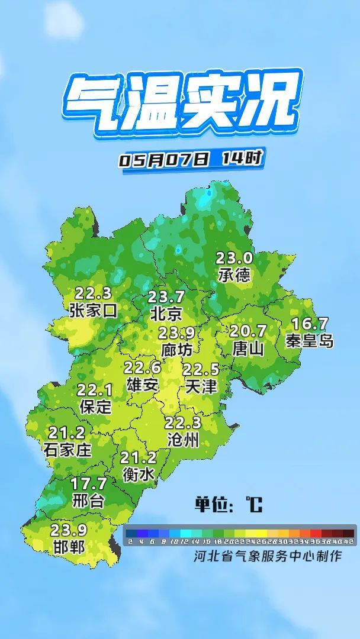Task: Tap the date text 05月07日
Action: pyautogui.click(x=165, y=160)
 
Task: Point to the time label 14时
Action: pyautogui.click(x=242, y=158)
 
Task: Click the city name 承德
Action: pyautogui.click(x=234, y=275)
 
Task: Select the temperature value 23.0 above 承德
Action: pyautogui.click(x=234, y=258)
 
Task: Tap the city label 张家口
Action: pyautogui.click(x=93, y=310)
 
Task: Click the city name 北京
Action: pyautogui.click(x=166, y=312)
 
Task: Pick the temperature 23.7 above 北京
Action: pyautogui.click(x=166, y=296)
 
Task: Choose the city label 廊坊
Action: pyautogui.click(x=176, y=349)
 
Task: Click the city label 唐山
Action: pyautogui.click(x=248, y=347)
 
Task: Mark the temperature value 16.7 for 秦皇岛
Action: pyautogui.click(x=310, y=324)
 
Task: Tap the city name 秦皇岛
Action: pyautogui.click(x=310, y=341)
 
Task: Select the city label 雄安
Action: pyautogui.click(x=143, y=384)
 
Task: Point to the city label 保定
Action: pyautogui.click(x=95, y=406)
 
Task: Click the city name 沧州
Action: pyautogui.click(x=183, y=440)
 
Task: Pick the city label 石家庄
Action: pyautogui.click(x=67, y=450)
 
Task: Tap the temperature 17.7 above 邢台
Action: pyautogui.click(x=88, y=484)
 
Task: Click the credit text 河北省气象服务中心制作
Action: pyautogui.click(x=268, y=556)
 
